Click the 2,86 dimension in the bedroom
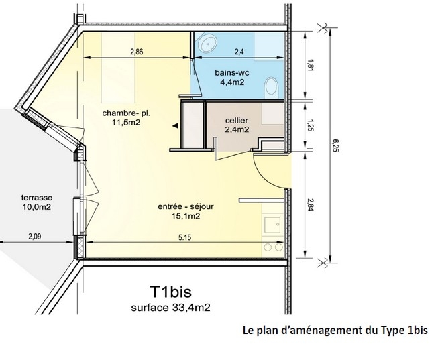pos(137,52)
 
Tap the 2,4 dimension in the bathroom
pos(239,52)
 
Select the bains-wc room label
pos(232,73)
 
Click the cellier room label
pos(237,121)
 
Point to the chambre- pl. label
pos(126,113)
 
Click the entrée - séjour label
pos(186,206)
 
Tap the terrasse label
pos(37,198)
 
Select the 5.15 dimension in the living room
pos(184,238)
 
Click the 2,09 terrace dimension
pos(35,237)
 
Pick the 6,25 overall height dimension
pos(335,145)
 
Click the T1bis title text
pos(171,292)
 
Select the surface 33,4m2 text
pos(171,308)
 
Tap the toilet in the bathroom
pos(271,88)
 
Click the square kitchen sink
pos(273,225)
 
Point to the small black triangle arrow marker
pos(175,126)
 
